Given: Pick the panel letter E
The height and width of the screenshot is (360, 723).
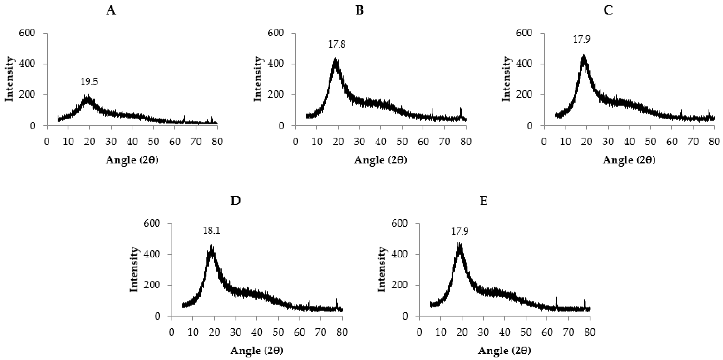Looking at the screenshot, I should [484, 201].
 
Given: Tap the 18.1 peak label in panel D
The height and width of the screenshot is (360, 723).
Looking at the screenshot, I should [212, 231].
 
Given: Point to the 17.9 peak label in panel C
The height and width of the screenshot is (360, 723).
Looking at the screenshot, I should [581, 39].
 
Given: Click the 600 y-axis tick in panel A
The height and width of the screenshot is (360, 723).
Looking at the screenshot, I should [27, 33].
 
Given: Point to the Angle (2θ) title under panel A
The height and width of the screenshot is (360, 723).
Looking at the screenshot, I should [132, 160].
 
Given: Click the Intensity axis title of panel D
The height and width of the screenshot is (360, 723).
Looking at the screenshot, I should [134, 270].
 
